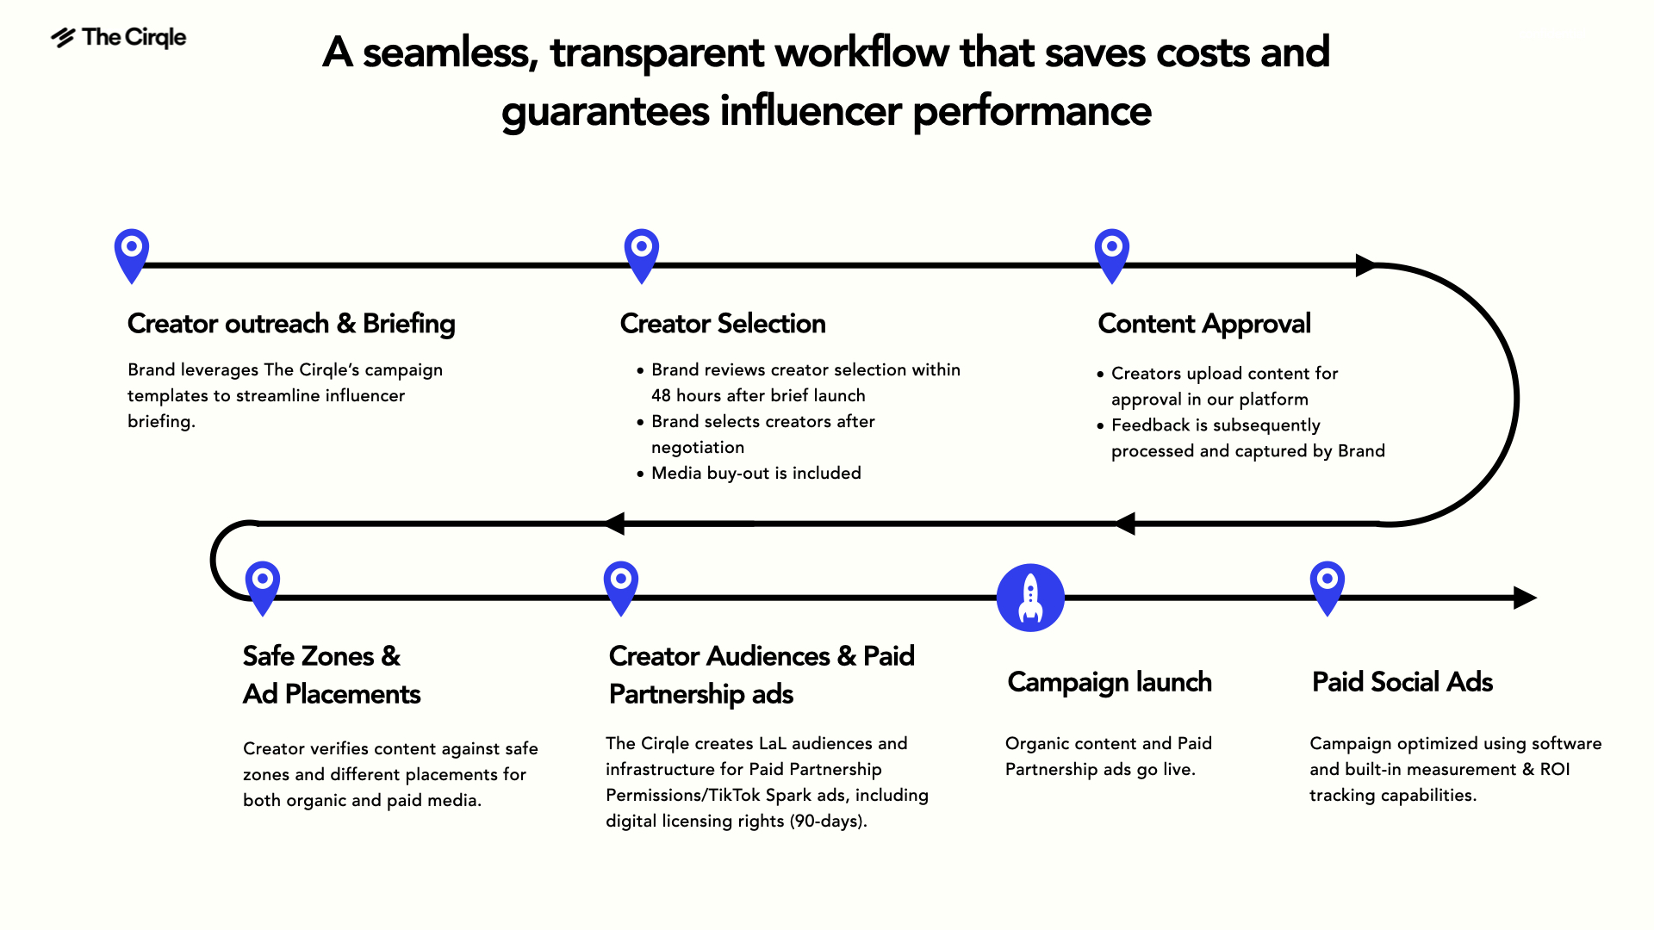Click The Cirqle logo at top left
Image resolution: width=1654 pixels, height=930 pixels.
coord(119,38)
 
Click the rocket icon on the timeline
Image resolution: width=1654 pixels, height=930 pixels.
coord(1030,598)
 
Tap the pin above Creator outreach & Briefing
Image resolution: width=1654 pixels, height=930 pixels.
coord(132,253)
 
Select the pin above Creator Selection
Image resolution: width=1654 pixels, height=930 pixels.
coord(642,253)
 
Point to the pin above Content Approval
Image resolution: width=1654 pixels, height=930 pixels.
coord(1112,253)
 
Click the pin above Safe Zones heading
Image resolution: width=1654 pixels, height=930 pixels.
coord(263,586)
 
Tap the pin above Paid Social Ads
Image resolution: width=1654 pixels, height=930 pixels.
coord(1328,586)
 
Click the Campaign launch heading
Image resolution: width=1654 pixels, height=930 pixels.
coord(1110,682)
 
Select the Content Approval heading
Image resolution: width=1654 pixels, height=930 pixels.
coord(1203,324)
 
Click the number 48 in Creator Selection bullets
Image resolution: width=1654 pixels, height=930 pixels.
coord(661,396)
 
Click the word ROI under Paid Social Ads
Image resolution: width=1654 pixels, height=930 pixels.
coord(1555,770)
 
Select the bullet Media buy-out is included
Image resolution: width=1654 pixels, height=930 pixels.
coord(755,474)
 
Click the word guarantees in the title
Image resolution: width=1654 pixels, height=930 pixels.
coord(606,112)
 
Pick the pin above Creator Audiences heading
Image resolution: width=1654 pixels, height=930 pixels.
coord(621,586)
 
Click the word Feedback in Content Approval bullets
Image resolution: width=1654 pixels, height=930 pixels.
coord(1150,425)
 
